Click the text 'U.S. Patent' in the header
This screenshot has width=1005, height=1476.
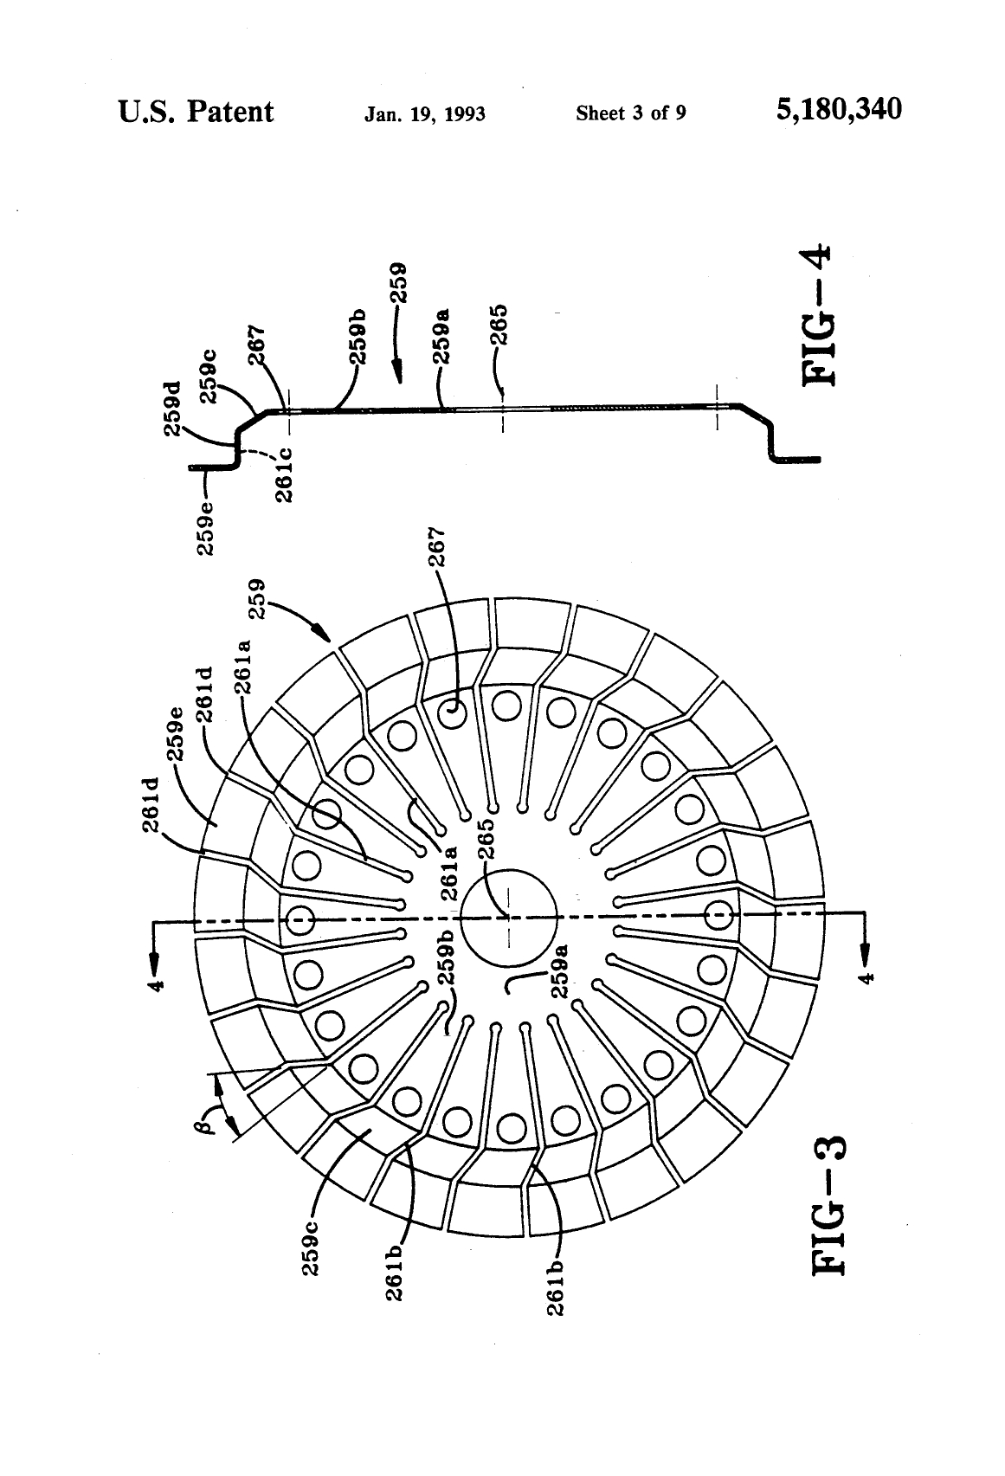pos(196,111)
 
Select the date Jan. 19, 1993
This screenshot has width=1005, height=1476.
pos(424,113)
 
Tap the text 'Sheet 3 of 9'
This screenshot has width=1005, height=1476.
pos(630,113)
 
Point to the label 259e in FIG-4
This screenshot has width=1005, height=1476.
pos(208,528)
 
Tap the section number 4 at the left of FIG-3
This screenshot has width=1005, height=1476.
pos(157,983)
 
